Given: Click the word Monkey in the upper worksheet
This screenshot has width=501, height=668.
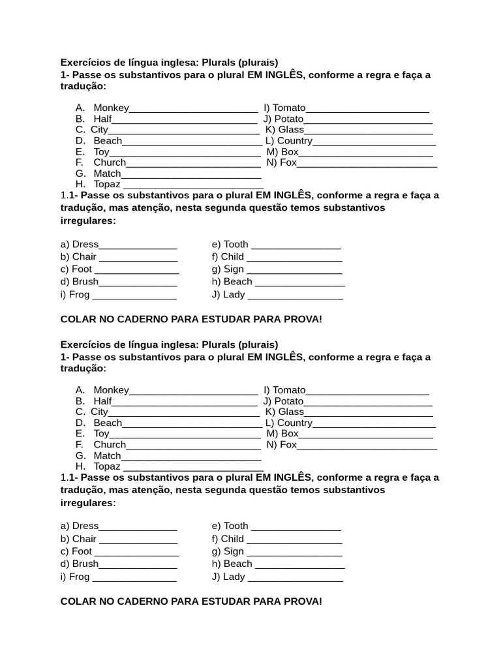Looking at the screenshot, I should pos(111,108).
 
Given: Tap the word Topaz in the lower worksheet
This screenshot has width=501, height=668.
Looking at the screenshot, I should pos(107,466).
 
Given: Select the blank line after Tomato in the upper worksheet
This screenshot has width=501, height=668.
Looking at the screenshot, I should pos(367,110).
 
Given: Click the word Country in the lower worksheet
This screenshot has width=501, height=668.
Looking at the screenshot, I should pos(295,423).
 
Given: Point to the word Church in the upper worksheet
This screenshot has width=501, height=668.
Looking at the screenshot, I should pos(110,162).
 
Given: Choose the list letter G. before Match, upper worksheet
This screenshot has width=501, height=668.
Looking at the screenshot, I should pos(81,174).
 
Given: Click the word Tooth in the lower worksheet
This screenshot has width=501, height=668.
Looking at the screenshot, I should pos(235,526).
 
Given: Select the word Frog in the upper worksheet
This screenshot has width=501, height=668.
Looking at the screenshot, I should pos(79,294).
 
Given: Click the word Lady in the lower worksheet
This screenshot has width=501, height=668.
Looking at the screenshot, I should pos(234,577).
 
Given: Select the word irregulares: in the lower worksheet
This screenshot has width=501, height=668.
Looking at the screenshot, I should pos(88,503).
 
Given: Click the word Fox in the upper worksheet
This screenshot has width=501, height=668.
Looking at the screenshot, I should pos(288,162).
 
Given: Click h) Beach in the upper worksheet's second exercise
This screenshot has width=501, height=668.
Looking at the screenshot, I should pos(232,282).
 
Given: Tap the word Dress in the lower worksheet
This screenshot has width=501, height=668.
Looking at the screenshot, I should pos(85,526).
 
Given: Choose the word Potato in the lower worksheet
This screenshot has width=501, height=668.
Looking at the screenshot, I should pos(288,401).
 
